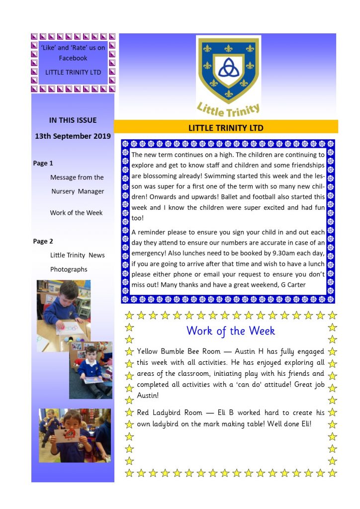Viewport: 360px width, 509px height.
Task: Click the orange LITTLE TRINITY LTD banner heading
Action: point(226,128)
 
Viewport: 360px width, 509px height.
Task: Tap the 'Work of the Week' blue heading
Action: point(230,331)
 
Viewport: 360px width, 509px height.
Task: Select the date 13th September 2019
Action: point(73,136)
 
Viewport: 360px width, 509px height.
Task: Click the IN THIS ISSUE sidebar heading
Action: point(73,120)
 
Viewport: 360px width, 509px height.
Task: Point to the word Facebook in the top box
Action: point(73,58)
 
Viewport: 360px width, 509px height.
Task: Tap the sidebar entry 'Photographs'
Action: point(69,269)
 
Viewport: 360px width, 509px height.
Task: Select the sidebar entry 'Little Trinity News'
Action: point(78,255)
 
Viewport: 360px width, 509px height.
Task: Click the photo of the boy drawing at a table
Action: point(63,316)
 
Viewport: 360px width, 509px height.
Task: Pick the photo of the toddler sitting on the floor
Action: point(90,370)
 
